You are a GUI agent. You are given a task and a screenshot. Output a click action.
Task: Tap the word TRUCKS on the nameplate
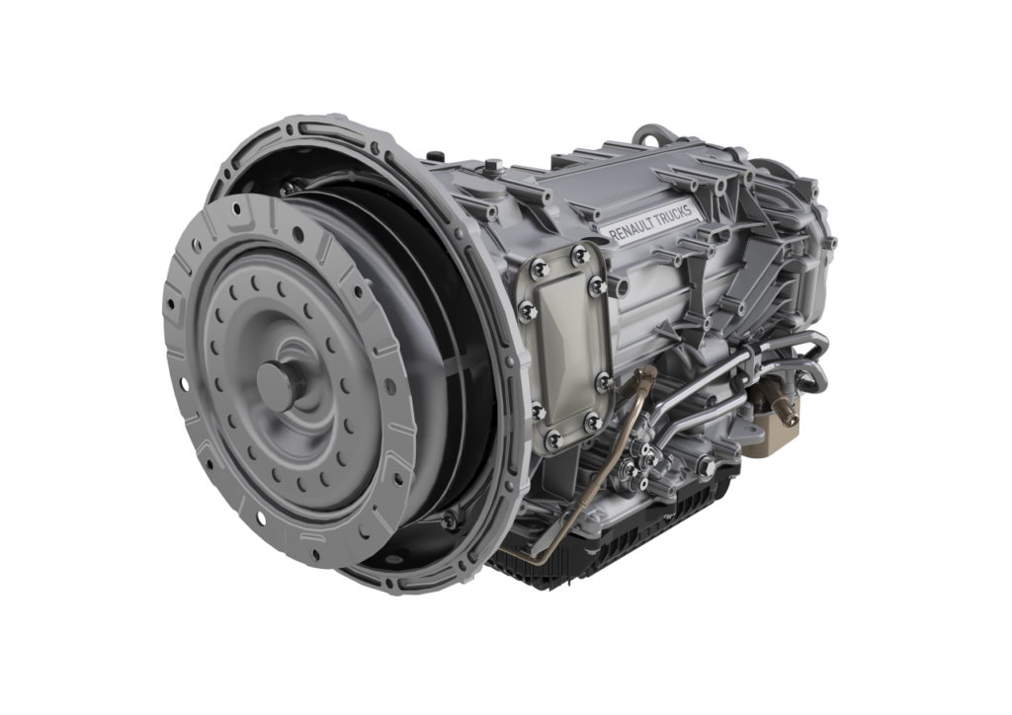click(x=674, y=214)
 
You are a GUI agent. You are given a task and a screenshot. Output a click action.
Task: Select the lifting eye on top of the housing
click(x=654, y=134)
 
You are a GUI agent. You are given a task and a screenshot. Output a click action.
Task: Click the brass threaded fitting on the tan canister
click(x=788, y=411)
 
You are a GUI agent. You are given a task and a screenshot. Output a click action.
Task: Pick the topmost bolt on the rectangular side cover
click(x=579, y=254)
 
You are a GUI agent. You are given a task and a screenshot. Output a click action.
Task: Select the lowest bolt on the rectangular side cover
click(x=553, y=440)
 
